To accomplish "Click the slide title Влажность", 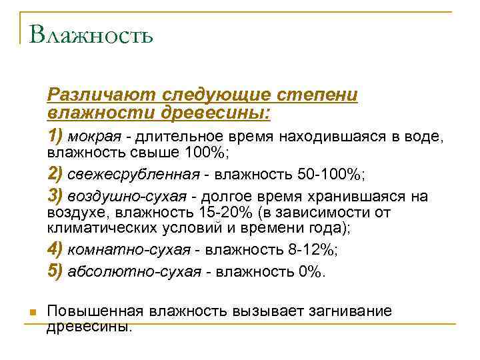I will coord(91,35).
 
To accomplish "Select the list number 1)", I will coord(55,137).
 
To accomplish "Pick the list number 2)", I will coord(55,174).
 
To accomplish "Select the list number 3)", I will coord(55,197).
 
